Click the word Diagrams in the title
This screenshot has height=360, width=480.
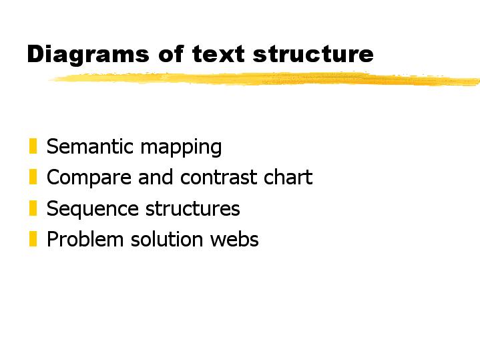[88, 55]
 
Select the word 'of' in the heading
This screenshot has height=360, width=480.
[171, 53]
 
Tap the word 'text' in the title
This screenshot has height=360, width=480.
[218, 54]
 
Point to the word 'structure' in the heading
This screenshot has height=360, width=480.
[313, 54]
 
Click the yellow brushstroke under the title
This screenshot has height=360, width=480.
[265, 78]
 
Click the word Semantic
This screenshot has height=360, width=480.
[89, 146]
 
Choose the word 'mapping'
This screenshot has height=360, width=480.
[181, 148]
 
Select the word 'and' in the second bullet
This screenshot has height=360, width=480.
[156, 177]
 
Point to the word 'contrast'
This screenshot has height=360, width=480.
[218, 178]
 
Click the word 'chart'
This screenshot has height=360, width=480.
[288, 177]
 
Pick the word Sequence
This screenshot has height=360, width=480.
[92, 210]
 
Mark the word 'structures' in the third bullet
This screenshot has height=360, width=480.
[192, 208]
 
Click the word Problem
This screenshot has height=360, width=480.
[85, 239]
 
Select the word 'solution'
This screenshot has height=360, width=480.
[167, 239]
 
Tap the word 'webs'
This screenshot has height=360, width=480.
[234, 239]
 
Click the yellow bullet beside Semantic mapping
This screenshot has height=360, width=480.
[33, 146]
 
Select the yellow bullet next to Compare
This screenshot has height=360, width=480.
[33, 177]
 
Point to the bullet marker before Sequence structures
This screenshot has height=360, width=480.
[33, 208]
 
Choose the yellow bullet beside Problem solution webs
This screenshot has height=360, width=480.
[33, 239]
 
